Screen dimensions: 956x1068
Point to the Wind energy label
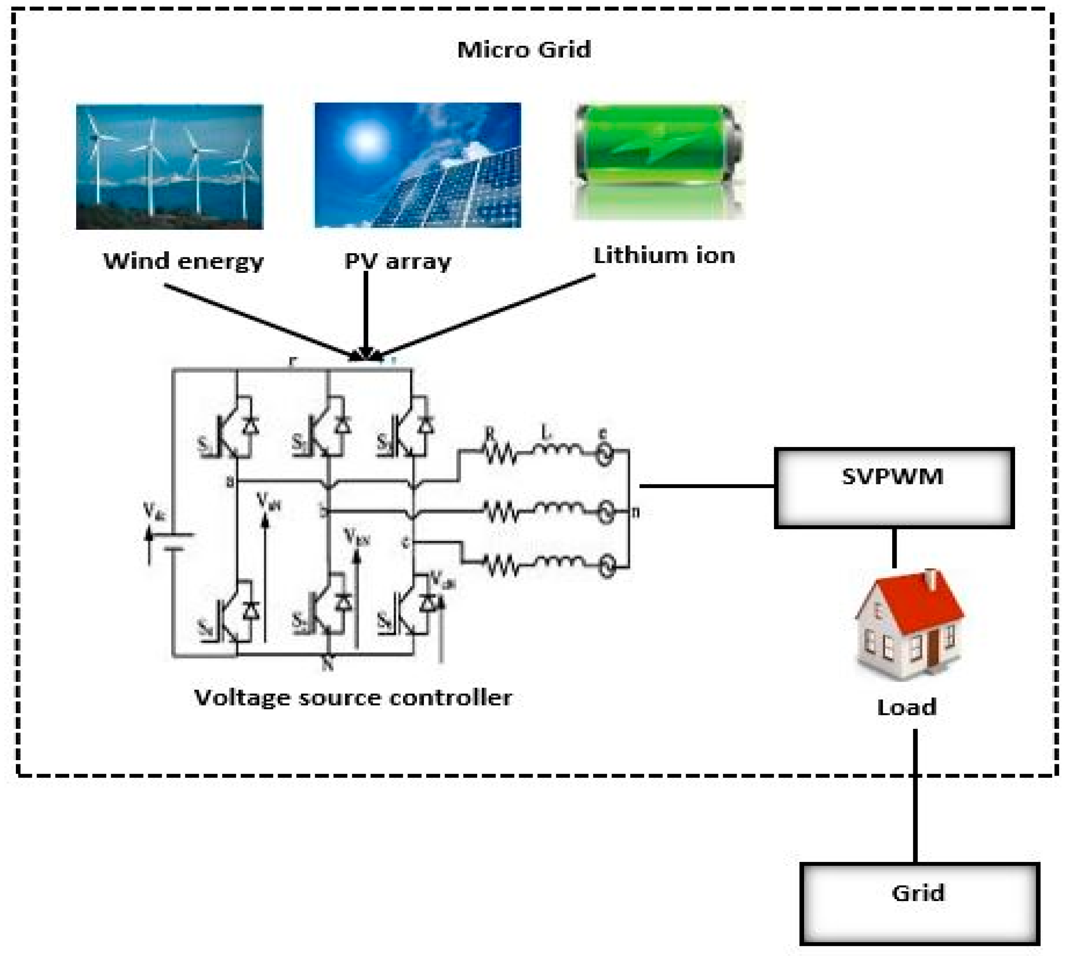(183, 261)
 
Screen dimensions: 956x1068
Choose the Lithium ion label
(664, 256)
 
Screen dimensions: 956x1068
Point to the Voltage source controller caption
(353, 697)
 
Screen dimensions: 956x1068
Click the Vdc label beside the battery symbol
(154, 511)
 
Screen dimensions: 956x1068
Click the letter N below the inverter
(328, 665)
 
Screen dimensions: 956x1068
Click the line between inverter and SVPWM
(706, 486)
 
